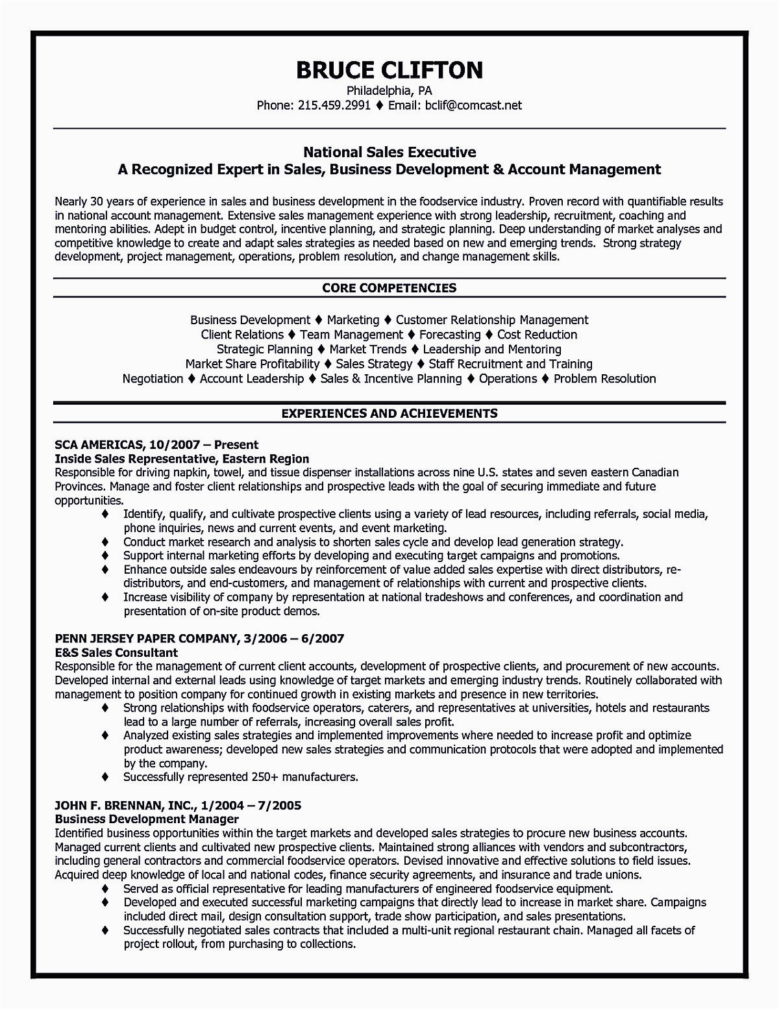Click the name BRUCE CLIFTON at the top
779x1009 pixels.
coord(389,69)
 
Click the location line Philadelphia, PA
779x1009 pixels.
coord(389,90)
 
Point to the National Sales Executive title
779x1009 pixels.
coord(389,153)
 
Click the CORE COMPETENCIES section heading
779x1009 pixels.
coord(389,288)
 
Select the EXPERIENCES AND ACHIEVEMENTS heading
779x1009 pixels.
coord(389,413)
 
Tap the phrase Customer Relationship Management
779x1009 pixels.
coord(492,320)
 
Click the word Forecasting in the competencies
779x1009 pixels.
coord(450,335)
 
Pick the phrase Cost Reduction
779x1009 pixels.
coord(537,335)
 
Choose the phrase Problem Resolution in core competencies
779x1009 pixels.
coord(604,378)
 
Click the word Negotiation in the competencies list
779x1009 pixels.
coord(153,378)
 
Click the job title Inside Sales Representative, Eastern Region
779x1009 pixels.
coord(182,459)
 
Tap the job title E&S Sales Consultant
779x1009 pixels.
coord(117,652)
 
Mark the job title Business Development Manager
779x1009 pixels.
coord(147,819)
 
